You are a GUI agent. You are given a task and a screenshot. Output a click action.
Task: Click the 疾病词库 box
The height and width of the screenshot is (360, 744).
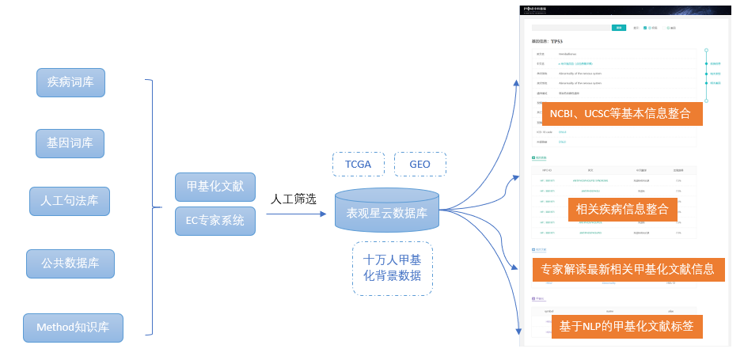pos(70,82)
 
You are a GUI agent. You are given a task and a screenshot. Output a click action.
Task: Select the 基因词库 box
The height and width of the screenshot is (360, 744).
pos(70,143)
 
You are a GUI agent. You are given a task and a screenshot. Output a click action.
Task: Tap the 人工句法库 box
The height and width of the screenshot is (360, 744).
pos(70,201)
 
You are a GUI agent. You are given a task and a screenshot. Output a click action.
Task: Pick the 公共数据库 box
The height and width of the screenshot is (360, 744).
pos(70,263)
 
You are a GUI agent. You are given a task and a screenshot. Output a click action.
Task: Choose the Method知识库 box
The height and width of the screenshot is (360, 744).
pos(73,327)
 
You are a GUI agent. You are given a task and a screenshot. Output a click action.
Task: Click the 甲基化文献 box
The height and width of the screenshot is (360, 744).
pos(215,187)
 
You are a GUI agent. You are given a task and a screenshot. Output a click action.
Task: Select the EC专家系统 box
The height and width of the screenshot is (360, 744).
pos(215,220)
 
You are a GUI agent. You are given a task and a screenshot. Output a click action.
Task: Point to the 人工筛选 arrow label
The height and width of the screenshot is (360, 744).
pos(293,199)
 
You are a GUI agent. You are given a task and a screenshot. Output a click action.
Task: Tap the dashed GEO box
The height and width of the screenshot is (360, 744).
pos(419,164)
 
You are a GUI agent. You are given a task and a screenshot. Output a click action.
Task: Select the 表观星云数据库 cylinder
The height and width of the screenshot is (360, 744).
pos(387,211)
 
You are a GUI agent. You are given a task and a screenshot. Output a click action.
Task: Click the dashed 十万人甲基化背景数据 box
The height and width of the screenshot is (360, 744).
pos(392,268)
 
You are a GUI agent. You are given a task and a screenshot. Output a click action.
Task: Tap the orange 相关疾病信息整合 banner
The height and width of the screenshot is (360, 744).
pos(624,210)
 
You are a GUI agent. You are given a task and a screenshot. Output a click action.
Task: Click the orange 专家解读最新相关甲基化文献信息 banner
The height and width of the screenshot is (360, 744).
pos(628,269)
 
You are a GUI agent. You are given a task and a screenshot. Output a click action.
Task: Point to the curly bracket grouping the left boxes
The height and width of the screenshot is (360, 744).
pos(150,207)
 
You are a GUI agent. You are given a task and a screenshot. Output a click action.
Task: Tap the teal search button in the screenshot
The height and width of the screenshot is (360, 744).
pos(620,28)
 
